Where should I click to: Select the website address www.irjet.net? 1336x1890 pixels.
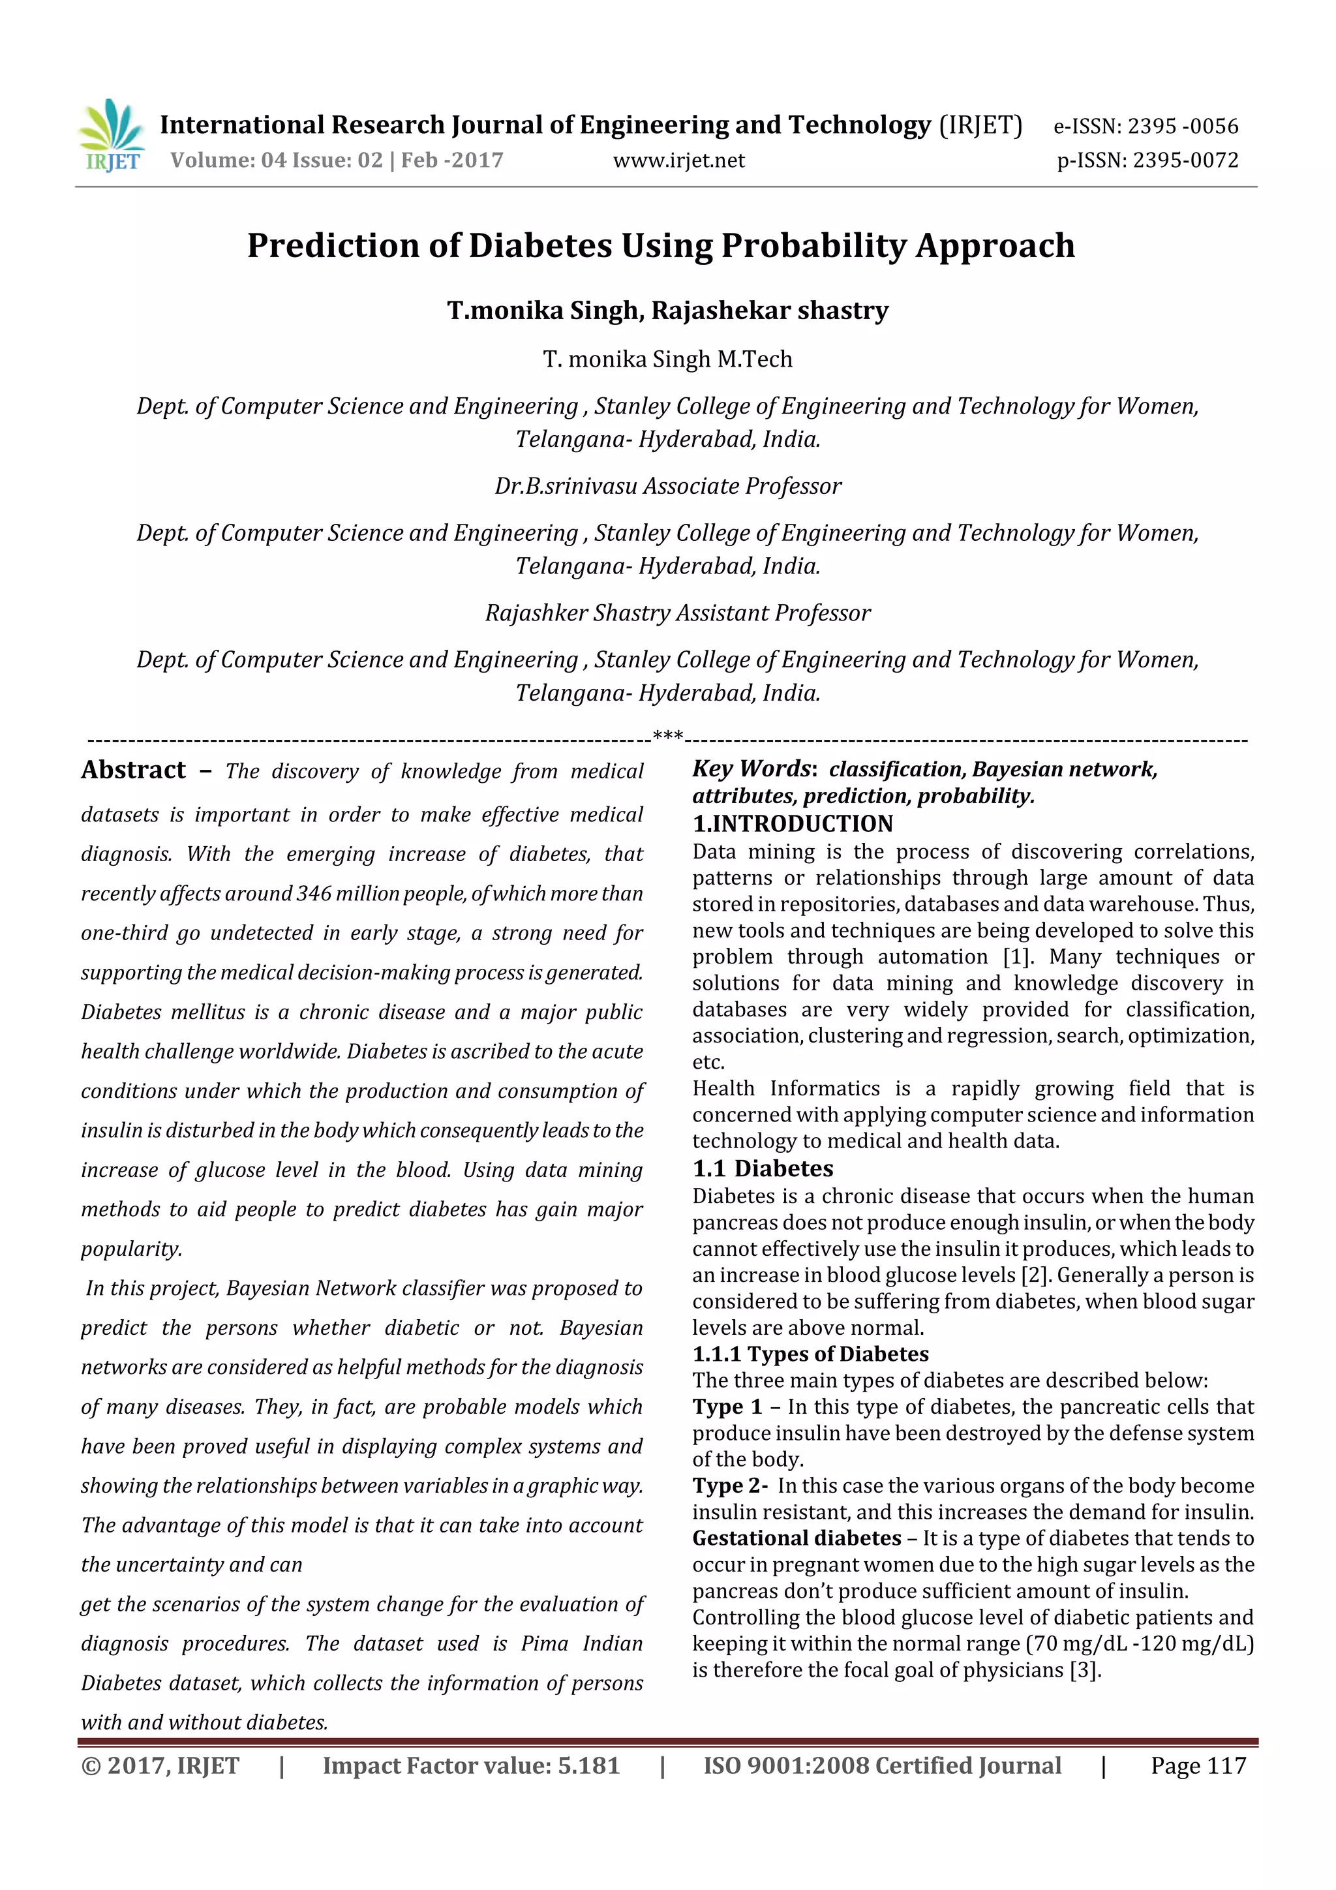[678, 160]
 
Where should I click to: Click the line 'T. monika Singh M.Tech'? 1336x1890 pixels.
[667, 359]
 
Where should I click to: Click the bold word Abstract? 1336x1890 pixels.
[133, 770]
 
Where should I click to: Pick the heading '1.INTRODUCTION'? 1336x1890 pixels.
[792, 824]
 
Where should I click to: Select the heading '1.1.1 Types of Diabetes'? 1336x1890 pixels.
[810, 1354]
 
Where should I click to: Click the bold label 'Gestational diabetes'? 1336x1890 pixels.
[796, 1538]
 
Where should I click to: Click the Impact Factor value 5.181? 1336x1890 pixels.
[588, 1765]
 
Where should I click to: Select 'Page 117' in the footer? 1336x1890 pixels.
[1198, 1765]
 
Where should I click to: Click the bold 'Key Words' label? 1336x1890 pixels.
[751, 768]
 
